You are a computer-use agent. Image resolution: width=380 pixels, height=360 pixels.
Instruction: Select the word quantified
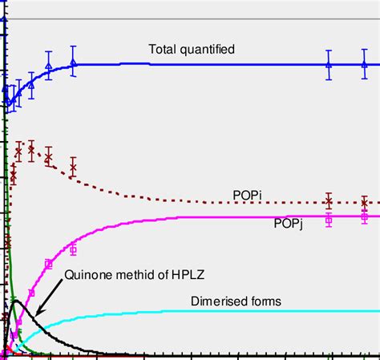207,50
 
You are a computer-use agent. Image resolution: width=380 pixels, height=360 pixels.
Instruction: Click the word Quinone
87,276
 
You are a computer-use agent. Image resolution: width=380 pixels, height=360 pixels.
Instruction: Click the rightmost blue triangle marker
365,64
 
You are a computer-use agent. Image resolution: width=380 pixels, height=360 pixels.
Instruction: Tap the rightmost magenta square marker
365,216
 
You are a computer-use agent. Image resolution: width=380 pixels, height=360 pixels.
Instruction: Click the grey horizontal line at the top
192,18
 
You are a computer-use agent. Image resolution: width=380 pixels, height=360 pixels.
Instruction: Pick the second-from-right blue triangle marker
329,64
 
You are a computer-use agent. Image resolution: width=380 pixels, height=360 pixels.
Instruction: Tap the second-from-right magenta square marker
329,218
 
